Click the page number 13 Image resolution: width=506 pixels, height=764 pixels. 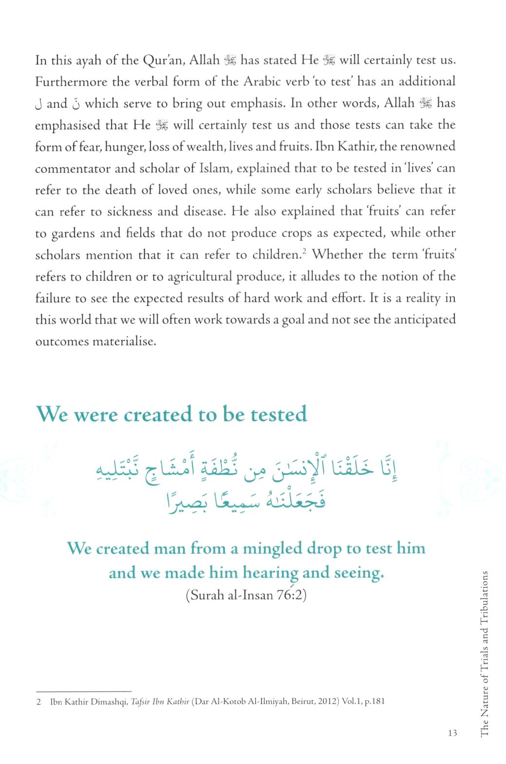point(452,733)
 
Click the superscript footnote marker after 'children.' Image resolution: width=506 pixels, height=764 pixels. point(302,251)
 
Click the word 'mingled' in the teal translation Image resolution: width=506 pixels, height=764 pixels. point(272,548)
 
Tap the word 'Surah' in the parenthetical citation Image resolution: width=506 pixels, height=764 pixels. point(206,595)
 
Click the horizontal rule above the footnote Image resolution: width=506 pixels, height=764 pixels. point(84,691)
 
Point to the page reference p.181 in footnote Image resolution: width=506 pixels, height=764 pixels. point(375,701)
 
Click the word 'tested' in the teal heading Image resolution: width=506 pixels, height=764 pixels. point(279,414)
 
